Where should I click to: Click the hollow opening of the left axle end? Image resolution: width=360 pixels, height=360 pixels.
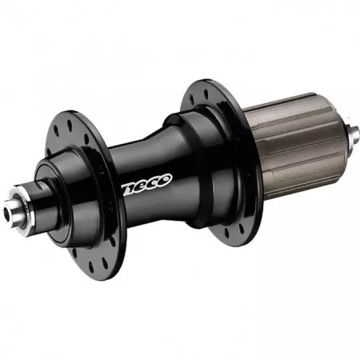coord(14,209)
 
